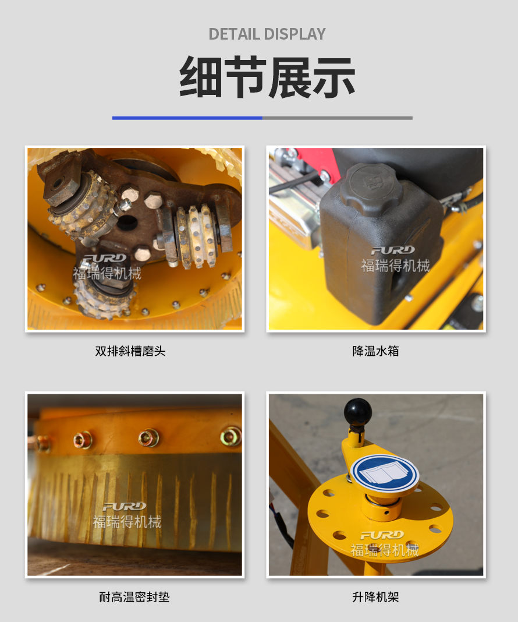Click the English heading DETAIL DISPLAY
(267, 34)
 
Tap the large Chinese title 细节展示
(267, 77)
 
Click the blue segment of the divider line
(187, 118)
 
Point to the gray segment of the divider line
(337, 118)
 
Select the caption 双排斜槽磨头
(130, 351)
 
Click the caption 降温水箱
(375, 351)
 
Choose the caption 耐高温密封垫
(134, 597)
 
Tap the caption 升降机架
(375, 597)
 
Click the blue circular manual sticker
(385, 473)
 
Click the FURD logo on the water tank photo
(393, 250)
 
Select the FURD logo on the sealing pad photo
(125, 507)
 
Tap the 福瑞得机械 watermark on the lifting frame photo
(385, 550)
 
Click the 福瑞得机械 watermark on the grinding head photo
(107, 274)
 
